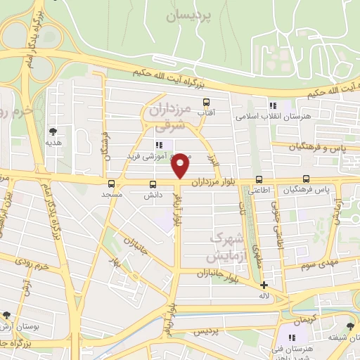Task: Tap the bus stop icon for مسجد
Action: pos(111,184)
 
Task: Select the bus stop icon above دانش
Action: pos(153,184)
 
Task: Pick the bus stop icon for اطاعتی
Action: pos(259,179)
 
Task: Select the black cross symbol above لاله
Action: pos(264,285)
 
